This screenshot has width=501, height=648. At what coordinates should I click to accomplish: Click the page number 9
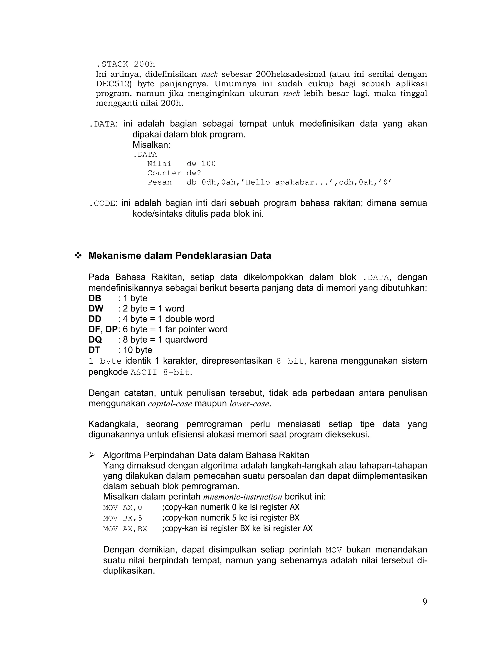point(424,602)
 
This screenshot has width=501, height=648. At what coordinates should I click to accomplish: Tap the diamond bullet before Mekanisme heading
point(78,256)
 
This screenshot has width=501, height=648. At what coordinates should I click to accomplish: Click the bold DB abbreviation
point(95,298)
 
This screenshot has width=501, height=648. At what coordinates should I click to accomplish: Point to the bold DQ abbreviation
point(95,339)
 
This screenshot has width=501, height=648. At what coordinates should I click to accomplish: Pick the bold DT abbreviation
point(94,350)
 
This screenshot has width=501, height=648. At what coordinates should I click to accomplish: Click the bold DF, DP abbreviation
point(103,329)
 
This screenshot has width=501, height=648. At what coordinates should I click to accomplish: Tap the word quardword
point(186,339)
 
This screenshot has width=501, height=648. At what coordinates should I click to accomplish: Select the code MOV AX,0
point(122,508)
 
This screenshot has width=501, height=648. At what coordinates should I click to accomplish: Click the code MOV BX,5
point(122,518)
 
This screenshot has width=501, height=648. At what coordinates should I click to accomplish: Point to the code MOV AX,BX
point(125,529)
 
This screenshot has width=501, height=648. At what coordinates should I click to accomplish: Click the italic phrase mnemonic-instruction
point(242,497)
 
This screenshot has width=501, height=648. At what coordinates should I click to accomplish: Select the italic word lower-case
point(249,404)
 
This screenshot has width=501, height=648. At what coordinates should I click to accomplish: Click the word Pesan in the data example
point(159,182)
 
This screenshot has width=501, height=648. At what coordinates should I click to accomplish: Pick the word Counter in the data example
point(164,173)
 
